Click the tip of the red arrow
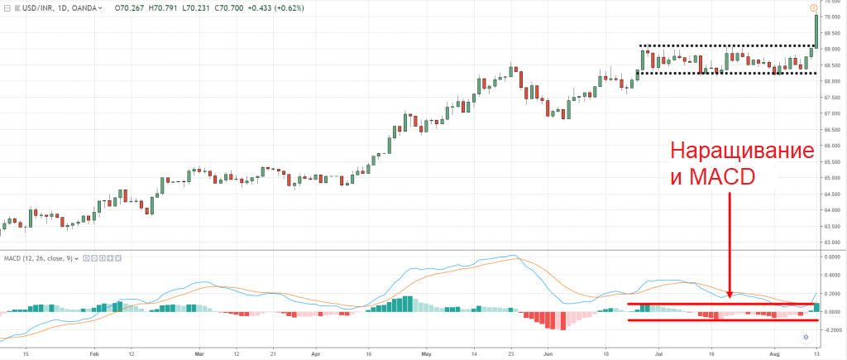coord(730,295)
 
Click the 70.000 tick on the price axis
coord(830,17)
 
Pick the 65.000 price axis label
coord(830,178)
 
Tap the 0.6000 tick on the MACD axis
coord(830,257)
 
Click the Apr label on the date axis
coord(315,353)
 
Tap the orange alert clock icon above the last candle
coord(816,7)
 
